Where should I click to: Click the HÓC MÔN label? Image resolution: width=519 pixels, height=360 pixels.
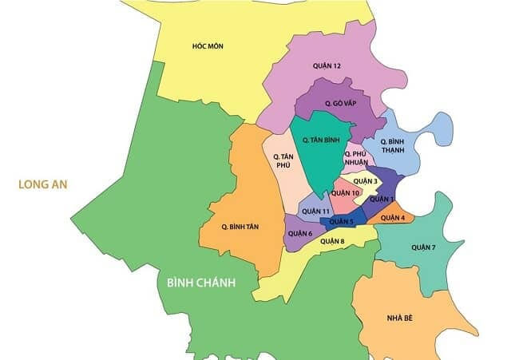[x=208, y=46]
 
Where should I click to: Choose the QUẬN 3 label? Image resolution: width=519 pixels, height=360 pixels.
[x=365, y=181]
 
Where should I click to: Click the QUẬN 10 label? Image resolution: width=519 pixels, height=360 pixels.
[x=344, y=193]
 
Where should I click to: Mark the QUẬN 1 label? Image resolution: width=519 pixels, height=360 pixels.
[x=382, y=199]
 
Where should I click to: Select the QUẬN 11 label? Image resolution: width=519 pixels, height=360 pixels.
[x=315, y=211]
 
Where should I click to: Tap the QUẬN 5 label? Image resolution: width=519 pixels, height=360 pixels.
[x=341, y=221]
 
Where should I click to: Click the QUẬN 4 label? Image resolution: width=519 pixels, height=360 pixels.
[x=392, y=217]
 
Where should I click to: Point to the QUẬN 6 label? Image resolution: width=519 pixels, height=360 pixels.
[x=299, y=233]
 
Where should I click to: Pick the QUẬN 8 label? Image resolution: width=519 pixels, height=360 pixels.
[x=332, y=240]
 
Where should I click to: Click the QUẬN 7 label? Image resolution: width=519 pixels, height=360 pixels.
[x=424, y=247]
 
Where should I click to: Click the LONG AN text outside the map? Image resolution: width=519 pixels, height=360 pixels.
[x=43, y=184]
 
